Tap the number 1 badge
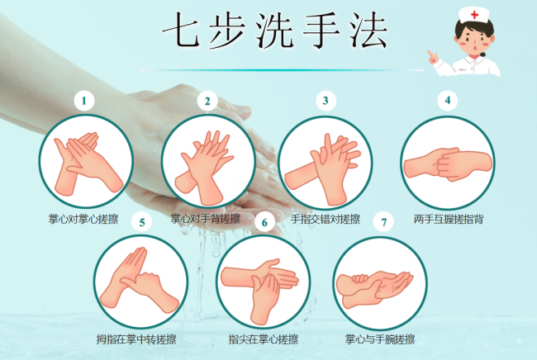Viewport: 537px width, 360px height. click(x=83, y=101)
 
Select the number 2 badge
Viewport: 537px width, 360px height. click(x=207, y=102)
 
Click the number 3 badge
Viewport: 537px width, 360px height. click(x=326, y=101)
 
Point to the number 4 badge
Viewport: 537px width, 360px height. click(x=447, y=101)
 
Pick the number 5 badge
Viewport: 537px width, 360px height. click(x=142, y=221)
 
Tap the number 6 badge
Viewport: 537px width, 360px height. click(x=264, y=221)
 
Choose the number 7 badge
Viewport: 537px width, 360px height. click(x=383, y=221)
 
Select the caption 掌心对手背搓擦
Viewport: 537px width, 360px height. click(x=206, y=219)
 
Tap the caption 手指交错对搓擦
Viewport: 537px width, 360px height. click(x=326, y=219)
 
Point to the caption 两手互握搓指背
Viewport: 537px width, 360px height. click(x=449, y=219)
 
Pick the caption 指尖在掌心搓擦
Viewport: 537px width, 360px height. click(x=264, y=339)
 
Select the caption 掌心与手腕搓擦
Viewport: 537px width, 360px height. click(x=380, y=339)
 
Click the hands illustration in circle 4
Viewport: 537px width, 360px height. click(x=447, y=163)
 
